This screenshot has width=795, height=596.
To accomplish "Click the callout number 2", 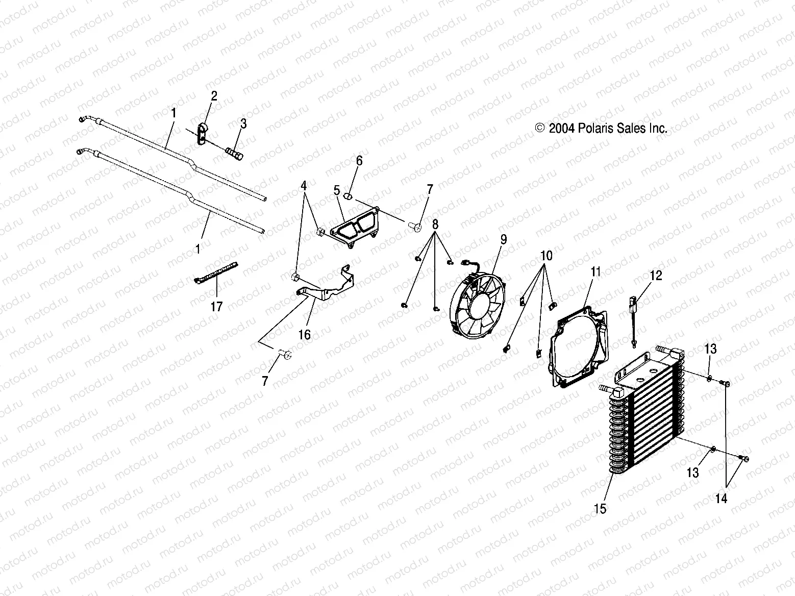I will pyautogui.click(x=214, y=96).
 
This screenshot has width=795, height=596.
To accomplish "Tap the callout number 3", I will pyautogui.click(x=243, y=123).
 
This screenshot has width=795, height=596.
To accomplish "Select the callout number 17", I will pyautogui.click(x=217, y=307).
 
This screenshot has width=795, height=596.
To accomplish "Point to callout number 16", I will pyautogui.click(x=305, y=334).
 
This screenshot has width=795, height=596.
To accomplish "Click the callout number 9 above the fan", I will pyautogui.click(x=504, y=239).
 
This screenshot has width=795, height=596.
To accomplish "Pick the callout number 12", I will pyautogui.click(x=656, y=276).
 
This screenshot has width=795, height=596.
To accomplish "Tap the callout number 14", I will pyautogui.click(x=721, y=499).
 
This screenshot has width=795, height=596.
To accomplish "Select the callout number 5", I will pyautogui.click(x=336, y=190).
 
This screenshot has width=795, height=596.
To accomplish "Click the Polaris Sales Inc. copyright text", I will pyautogui.click(x=601, y=129).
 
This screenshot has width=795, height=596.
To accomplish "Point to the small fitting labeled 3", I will pyautogui.click(x=234, y=152).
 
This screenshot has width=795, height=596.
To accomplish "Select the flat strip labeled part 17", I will pyautogui.click(x=216, y=271).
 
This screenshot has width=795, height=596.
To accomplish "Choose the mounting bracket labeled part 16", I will pyautogui.click(x=327, y=288).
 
